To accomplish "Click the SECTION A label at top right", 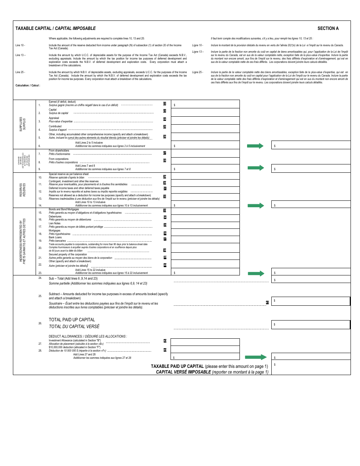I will point(328,28).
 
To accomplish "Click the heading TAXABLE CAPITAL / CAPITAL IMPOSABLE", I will point(55,28).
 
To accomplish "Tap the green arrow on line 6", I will point(255,146).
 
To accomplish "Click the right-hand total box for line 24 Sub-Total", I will point(311,280).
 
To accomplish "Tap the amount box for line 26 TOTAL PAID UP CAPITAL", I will point(311,325).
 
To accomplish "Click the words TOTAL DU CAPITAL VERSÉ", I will point(74,327).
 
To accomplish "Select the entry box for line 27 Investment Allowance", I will point(205,342).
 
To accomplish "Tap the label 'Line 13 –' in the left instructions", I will point(20,55).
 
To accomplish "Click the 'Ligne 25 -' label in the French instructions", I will point(197,72).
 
